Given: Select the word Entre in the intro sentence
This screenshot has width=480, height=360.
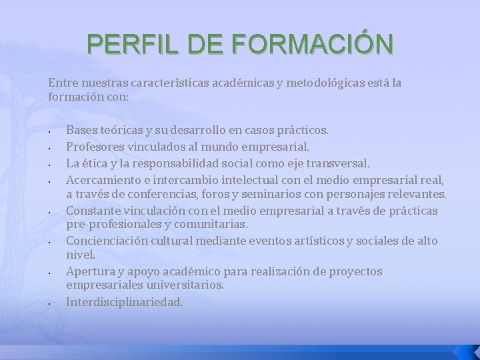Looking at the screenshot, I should coord(62,83).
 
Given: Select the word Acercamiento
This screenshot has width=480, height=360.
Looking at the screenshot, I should coord(103,181).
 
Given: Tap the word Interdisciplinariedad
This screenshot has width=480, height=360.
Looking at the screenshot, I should coord(123,301).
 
